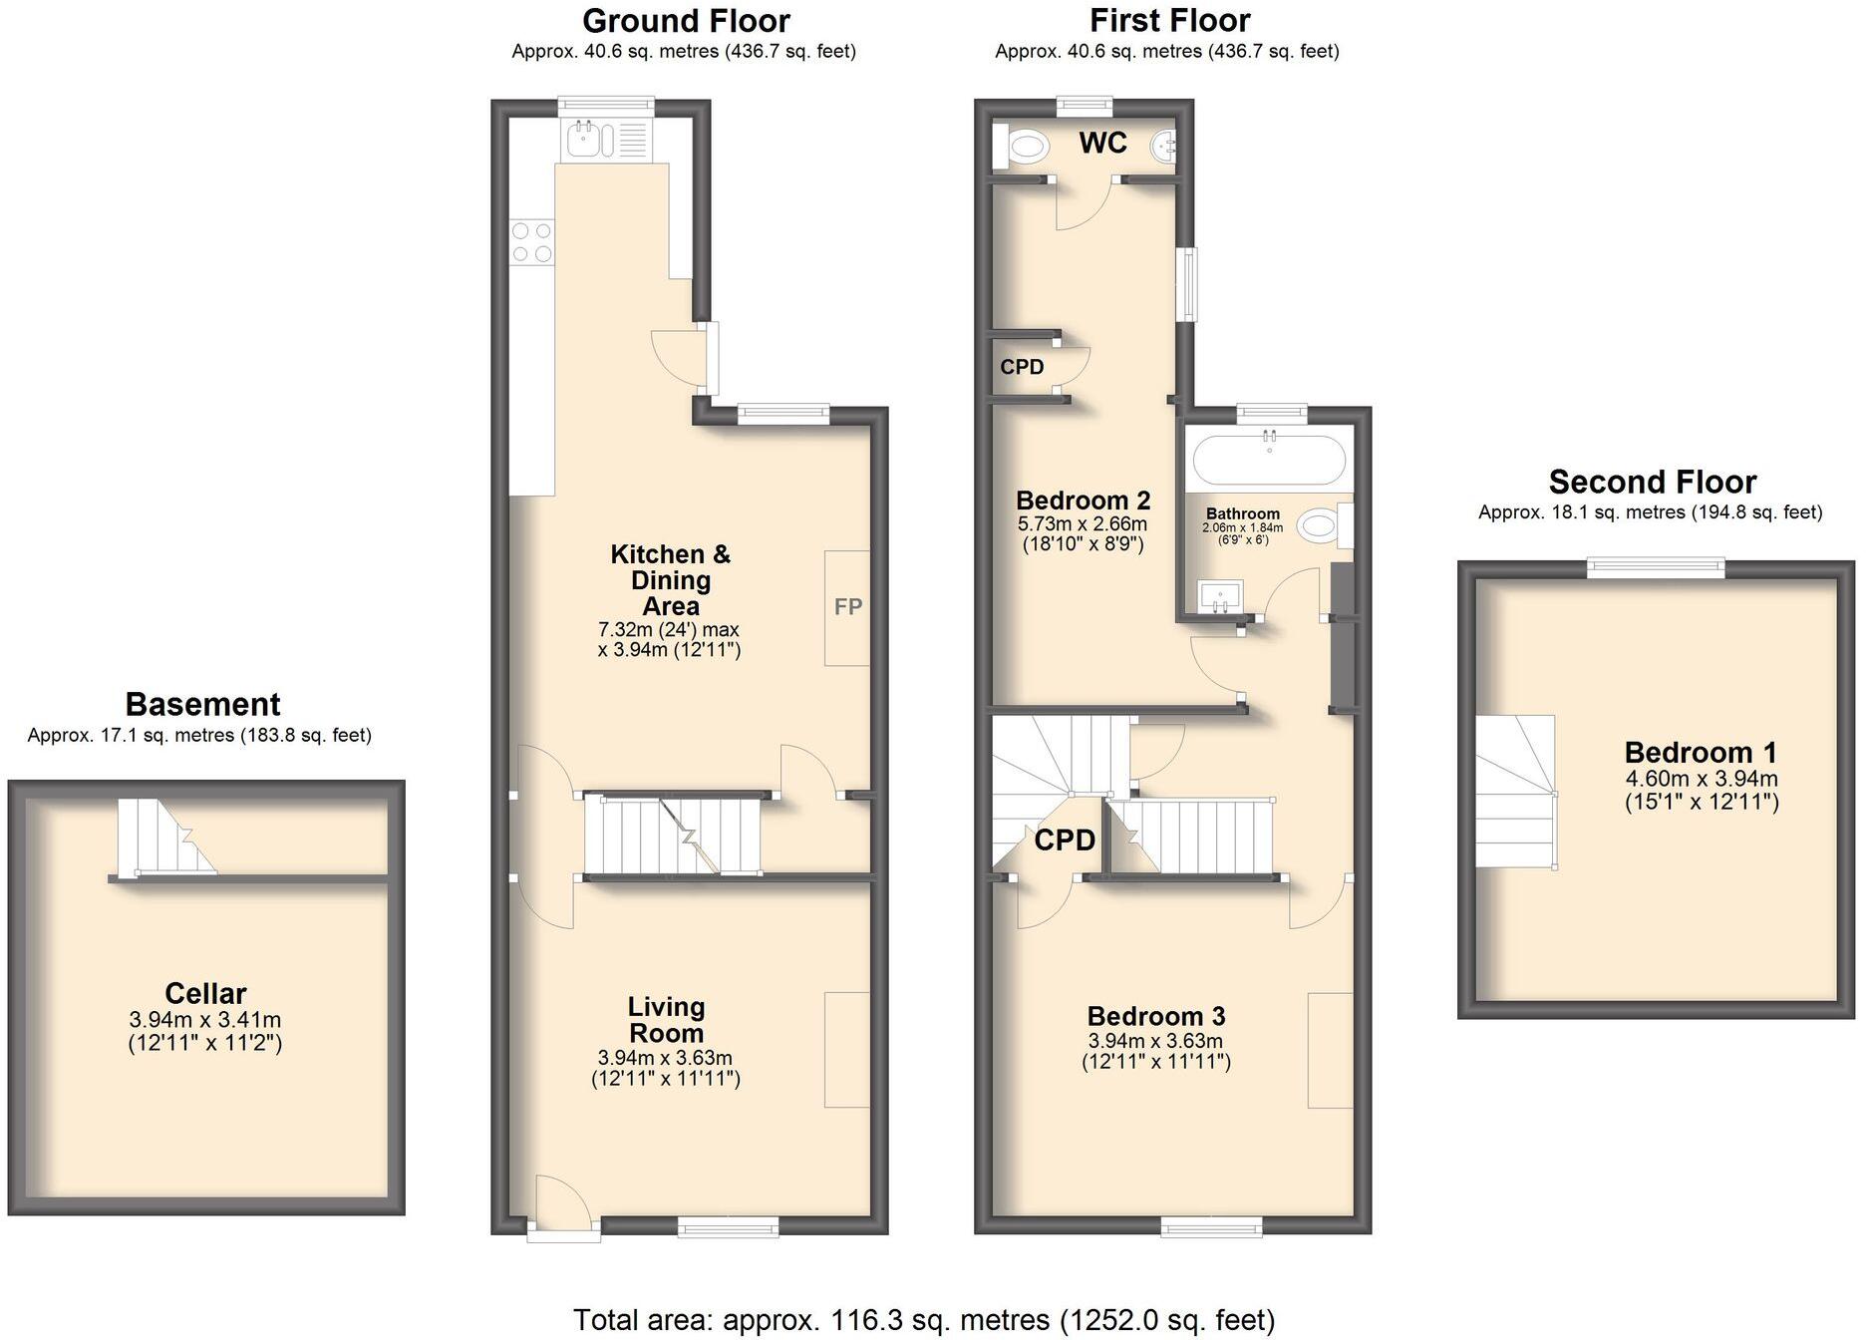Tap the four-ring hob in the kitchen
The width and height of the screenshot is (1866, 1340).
[x=531, y=242]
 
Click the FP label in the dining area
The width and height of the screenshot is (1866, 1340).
[x=847, y=607]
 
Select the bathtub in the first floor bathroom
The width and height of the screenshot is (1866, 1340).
[x=1269, y=460]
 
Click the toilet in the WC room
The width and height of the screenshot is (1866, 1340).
[x=1023, y=149]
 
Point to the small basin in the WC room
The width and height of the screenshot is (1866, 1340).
[x=1163, y=148]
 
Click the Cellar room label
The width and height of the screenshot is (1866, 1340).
[x=205, y=993]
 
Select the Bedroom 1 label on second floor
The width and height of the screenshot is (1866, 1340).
[x=1701, y=753]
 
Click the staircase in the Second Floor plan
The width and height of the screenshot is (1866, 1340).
[x=1515, y=793]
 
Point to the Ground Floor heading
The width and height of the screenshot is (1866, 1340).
[x=686, y=21]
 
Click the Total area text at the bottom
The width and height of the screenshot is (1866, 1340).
[x=923, y=1320]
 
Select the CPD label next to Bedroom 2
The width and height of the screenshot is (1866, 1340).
[x=1022, y=367]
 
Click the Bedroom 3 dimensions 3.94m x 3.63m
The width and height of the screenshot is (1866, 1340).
[x=1155, y=1041]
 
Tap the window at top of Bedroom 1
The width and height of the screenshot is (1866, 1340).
[x=1655, y=566]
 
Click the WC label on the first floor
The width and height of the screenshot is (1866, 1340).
[x=1102, y=144]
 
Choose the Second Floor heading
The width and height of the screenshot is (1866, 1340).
[x=1652, y=483]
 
